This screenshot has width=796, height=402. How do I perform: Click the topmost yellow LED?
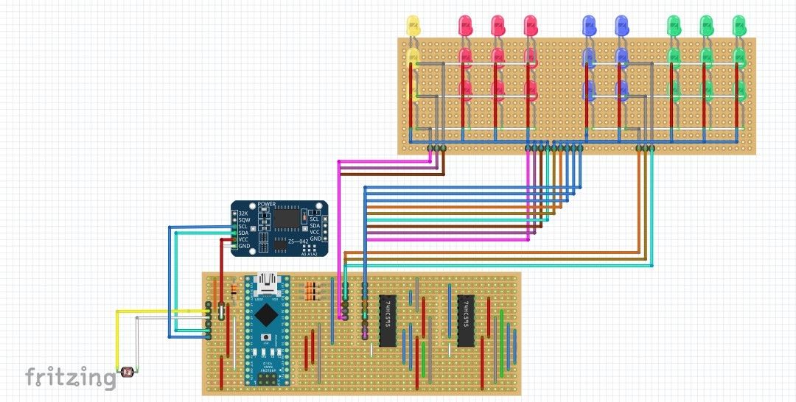[x=413, y=26]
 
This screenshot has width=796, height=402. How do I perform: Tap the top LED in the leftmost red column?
[x=465, y=24]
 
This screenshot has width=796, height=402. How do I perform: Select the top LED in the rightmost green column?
[x=739, y=24]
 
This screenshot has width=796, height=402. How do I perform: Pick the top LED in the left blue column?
[x=588, y=24]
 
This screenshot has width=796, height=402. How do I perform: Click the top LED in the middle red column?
[x=497, y=24]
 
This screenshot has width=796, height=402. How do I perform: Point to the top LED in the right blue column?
[x=621, y=24]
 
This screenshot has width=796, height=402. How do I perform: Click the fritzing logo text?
[x=71, y=377]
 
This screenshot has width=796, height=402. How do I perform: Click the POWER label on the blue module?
[x=266, y=204]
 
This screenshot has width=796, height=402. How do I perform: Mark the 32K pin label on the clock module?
[x=243, y=213]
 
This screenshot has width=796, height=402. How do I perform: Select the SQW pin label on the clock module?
[x=243, y=219]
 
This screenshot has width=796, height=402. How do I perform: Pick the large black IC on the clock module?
[x=284, y=217]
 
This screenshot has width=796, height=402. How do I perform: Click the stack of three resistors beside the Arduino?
[x=313, y=292]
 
